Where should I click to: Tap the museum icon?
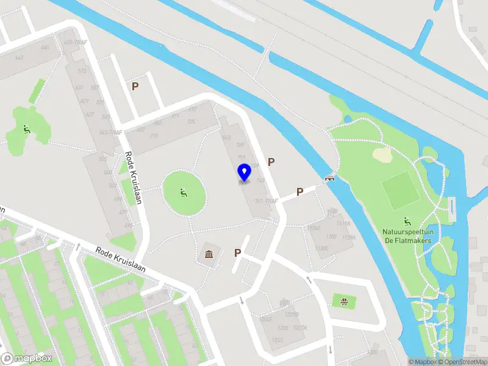click(x=209, y=254)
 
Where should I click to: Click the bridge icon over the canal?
click(x=330, y=179)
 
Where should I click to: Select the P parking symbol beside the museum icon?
click(x=237, y=253)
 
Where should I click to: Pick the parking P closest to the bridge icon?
click(x=300, y=192)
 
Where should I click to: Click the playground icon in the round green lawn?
click(x=182, y=193)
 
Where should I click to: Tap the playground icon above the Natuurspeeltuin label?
click(x=407, y=221)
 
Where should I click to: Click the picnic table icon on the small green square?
click(x=344, y=300)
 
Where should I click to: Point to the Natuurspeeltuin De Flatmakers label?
click(x=407, y=236)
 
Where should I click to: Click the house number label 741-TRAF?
click(x=267, y=201)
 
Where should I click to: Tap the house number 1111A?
click(x=349, y=238)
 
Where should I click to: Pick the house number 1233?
click(x=278, y=340)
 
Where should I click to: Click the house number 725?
click(x=190, y=122)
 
